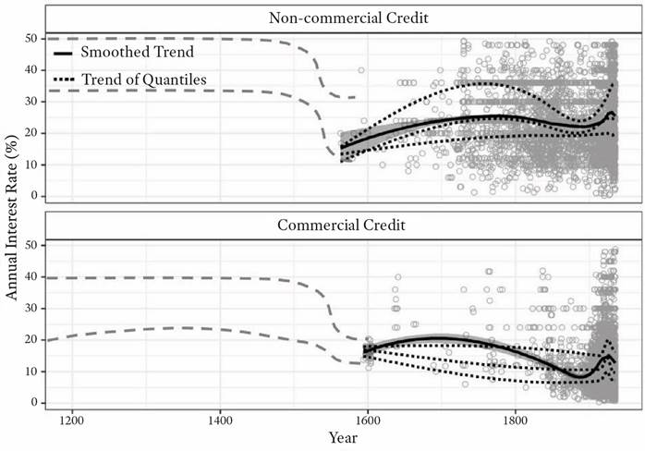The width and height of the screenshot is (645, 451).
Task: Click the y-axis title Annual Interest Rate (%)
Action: pyautogui.click(x=13, y=224)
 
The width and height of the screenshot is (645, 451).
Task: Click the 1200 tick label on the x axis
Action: pyautogui.click(x=71, y=417)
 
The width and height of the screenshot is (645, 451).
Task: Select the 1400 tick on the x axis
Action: pyautogui.click(x=220, y=417)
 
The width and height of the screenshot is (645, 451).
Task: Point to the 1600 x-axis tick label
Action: pyautogui.click(x=368, y=417)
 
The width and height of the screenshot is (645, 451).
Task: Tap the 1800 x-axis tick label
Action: pyautogui.click(x=516, y=417)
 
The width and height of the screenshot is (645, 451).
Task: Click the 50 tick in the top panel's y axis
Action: pyautogui.click(x=32, y=39)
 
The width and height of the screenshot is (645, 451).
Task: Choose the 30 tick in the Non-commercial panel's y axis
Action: pyautogui.click(x=32, y=102)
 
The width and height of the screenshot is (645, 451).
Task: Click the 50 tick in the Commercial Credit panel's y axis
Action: pyautogui.click(x=32, y=246)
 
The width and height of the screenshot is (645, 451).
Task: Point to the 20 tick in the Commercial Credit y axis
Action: pyautogui.click(x=32, y=340)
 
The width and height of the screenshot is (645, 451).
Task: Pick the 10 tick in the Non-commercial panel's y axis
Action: pyautogui.click(x=32, y=165)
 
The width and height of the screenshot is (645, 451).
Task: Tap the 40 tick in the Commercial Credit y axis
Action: pyautogui.click(x=32, y=277)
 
